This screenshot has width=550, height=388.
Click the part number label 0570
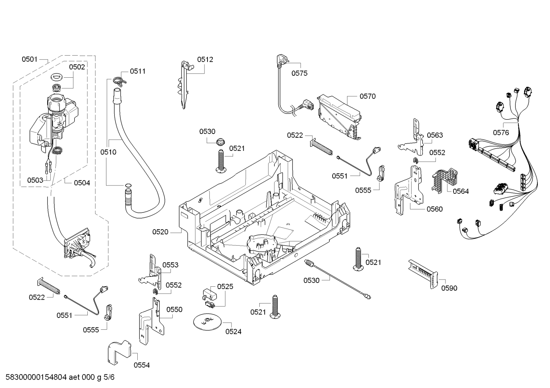coord(368,96)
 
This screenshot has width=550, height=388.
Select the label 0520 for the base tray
coord(160,232)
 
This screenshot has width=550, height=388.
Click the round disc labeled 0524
coord(207,321)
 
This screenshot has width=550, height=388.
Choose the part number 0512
coord(205,59)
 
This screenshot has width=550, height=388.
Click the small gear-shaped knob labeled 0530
coord(220,142)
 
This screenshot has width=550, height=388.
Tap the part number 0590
coord(449,288)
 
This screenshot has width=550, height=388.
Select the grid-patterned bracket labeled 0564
coord(444,180)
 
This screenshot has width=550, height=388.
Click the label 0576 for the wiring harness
coord(501,133)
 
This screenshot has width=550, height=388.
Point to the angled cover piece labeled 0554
coord(119,352)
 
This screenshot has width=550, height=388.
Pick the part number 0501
coord(29,59)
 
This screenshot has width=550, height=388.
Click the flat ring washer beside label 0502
coord(57,77)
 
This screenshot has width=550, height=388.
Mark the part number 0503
coord(35,180)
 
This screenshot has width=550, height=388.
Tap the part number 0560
coord(434,209)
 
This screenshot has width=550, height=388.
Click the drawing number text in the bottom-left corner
coord(60,377)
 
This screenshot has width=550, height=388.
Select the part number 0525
coord(225,287)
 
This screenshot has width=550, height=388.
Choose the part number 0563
coord(435,135)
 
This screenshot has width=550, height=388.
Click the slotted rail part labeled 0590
coord(423,274)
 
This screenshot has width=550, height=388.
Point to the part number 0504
coord(82,183)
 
